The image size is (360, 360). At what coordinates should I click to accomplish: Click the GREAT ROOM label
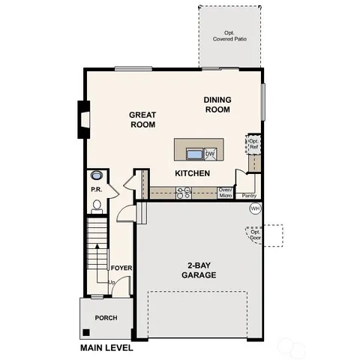click(142, 120)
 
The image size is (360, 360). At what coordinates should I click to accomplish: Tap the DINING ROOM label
click(217, 105)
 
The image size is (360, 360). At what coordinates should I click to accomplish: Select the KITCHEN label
click(192, 173)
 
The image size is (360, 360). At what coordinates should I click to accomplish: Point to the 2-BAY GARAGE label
click(197, 270)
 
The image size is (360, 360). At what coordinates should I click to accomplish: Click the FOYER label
click(121, 268)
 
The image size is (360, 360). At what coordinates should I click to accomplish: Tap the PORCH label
click(106, 318)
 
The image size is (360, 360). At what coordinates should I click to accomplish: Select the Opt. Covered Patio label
click(230, 36)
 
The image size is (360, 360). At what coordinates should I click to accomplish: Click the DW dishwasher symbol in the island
click(211, 154)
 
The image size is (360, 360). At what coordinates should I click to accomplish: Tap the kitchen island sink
click(194, 154)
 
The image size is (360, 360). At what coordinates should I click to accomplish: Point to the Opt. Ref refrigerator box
click(254, 144)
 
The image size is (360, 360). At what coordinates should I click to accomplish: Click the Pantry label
click(249, 195)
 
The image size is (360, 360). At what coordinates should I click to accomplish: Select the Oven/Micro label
click(225, 193)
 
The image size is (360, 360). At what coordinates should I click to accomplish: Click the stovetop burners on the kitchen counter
click(184, 193)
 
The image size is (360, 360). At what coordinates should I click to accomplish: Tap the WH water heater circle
click(254, 208)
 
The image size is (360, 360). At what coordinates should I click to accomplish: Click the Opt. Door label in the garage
click(256, 233)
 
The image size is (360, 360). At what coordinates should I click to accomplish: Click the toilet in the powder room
click(96, 202)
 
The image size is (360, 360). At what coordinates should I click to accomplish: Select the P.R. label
click(96, 190)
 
